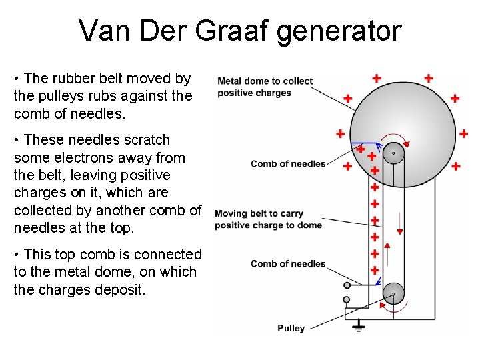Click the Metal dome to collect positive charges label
(x=265, y=87)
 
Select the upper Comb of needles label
(x=288, y=164)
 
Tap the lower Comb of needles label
(x=288, y=264)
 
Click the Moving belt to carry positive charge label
(x=268, y=219)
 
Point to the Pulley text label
(x=291, y=328)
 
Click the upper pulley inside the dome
(x=393, y=153)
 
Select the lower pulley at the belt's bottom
(x=393, y=293)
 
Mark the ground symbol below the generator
(x=358, y=327)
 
